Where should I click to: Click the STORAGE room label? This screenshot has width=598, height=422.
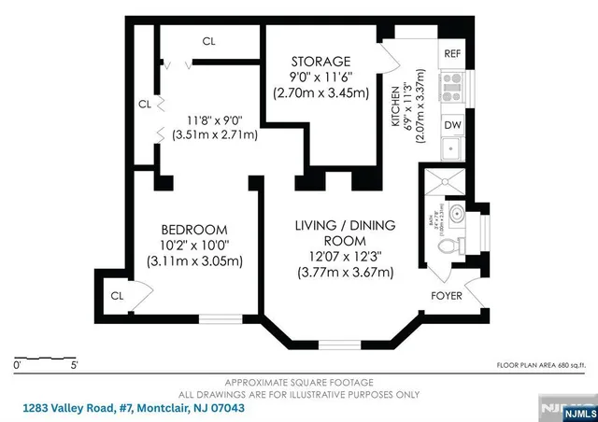320,62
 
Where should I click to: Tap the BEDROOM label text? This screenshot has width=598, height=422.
194,230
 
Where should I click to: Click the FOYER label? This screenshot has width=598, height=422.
446,295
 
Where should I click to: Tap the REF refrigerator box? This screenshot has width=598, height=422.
452,54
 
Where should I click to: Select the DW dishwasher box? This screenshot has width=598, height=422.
452,124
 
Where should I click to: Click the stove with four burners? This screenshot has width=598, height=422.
452,88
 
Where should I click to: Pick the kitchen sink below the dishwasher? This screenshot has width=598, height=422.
452,148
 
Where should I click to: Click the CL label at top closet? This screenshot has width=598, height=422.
210,41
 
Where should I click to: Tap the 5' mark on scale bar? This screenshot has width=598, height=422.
75,365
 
